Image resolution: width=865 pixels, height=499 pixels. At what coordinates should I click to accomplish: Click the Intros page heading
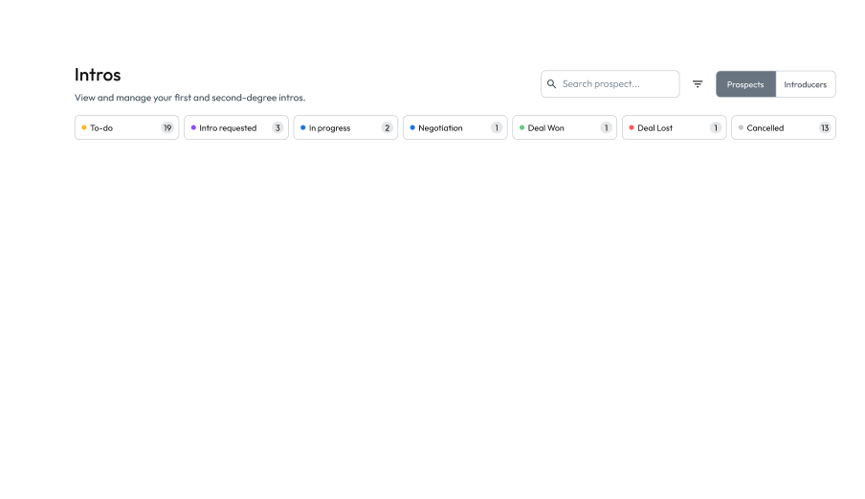point(98,75)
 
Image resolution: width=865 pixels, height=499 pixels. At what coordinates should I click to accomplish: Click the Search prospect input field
point(617,84)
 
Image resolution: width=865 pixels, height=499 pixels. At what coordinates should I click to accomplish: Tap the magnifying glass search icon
point(551,84)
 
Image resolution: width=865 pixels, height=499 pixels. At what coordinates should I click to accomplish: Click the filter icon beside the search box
point(698,84)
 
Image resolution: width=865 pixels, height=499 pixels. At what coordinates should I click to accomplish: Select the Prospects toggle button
point(745,84)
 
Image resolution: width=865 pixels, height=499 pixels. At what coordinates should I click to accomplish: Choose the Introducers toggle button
point(805,84)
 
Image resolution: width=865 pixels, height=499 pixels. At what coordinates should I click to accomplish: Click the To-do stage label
point(101,128)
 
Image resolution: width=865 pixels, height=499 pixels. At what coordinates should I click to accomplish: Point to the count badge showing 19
point(167,128)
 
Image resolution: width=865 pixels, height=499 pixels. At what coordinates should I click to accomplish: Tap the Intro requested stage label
point(228,128)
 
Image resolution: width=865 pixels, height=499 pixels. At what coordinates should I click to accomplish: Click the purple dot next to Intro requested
point(193,127)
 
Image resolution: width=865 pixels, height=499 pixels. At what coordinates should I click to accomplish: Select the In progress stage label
point(329,128)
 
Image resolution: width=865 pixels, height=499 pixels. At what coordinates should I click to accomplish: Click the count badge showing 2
point(387,128)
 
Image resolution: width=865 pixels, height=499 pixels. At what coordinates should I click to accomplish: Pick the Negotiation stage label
point(440,128)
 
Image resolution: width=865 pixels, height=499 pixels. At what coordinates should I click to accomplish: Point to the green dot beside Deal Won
point(521,127)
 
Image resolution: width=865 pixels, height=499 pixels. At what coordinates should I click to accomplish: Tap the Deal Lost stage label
point(654,128)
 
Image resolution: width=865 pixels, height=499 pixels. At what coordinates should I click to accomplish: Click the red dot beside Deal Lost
point(632,127)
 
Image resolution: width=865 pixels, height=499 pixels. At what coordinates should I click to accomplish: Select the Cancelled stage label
point(765,128)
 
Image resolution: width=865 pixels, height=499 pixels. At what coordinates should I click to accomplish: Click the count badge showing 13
point(824,128)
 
